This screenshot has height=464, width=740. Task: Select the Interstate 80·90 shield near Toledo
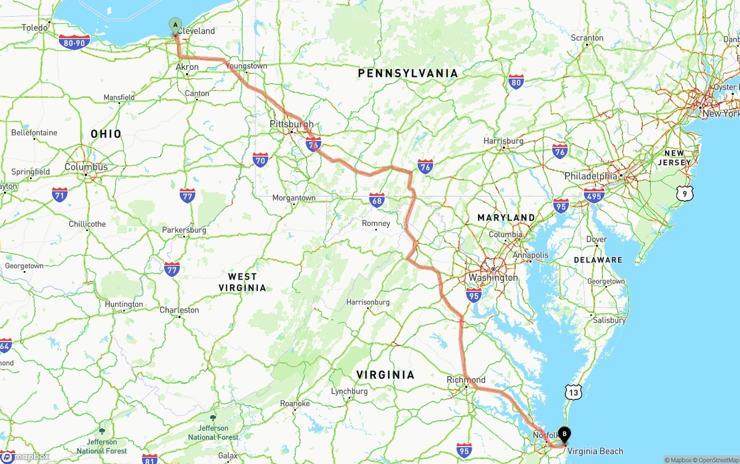[74, 42]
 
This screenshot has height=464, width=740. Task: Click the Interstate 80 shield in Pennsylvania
[516, 82]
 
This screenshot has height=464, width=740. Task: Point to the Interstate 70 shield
[260, 159]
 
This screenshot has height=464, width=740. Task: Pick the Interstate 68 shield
[377, 201]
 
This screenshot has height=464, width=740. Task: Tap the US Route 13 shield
[573, 393]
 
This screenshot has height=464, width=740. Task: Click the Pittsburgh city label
[291, 124]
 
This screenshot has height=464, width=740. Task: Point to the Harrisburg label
[504, 140]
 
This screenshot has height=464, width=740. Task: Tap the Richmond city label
[466, 380]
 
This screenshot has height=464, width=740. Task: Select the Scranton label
[587, 38]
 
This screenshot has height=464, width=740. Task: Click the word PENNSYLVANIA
[408, 73]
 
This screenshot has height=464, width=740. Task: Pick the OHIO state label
[106, 134]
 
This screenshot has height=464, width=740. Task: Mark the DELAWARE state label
[598, 260]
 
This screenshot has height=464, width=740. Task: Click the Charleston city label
[179, 310]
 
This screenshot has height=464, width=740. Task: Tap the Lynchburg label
[349, 391]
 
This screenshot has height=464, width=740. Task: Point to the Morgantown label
[294, 198]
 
